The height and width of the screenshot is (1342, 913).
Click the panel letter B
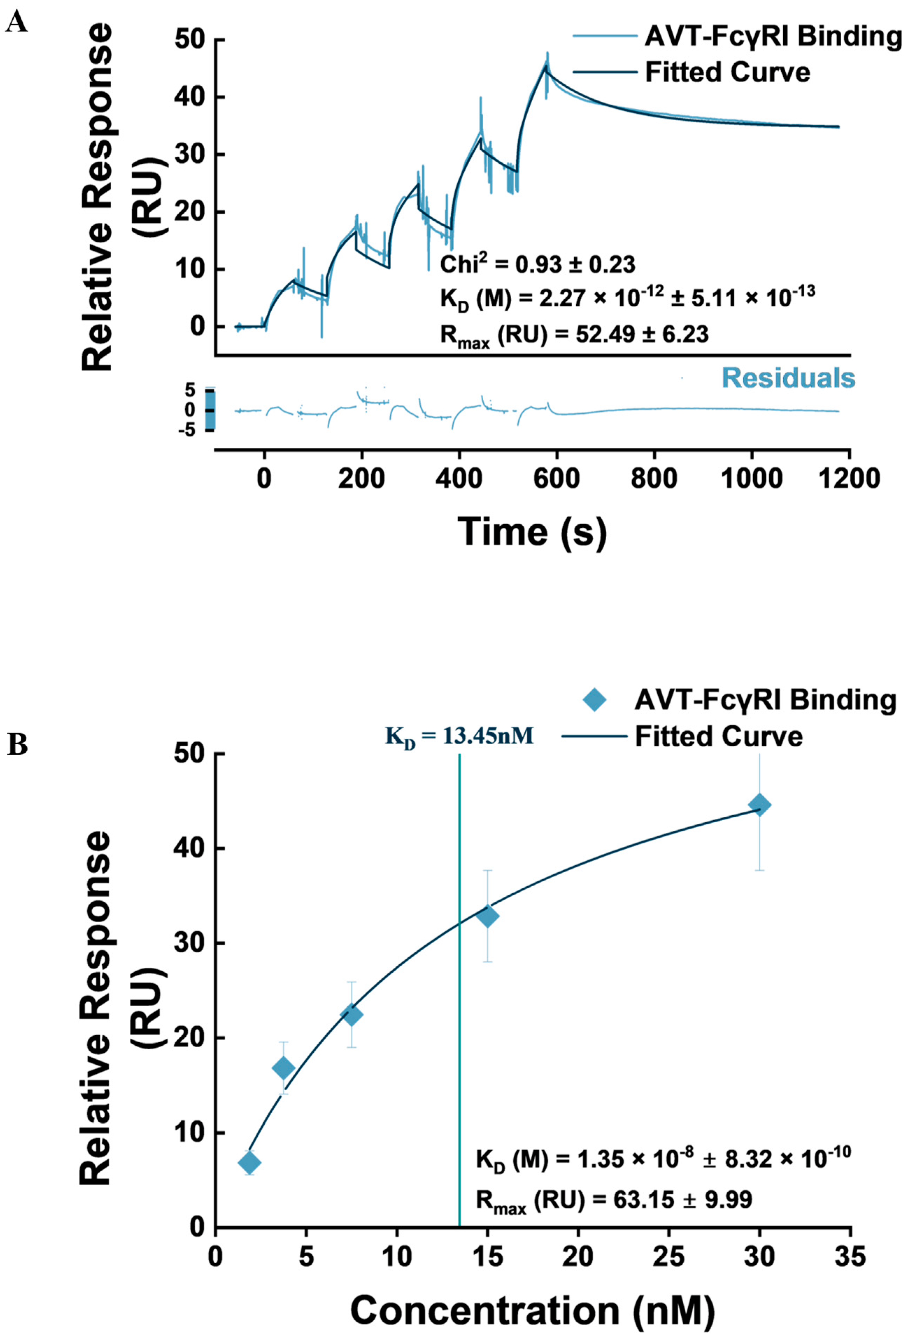(17, 745)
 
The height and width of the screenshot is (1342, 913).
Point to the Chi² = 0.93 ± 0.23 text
(537, 264)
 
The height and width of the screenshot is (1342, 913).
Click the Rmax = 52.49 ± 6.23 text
(574, 335)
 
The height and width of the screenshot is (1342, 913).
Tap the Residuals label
(788, 378)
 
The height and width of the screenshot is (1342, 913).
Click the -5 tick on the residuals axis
(191, 429)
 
